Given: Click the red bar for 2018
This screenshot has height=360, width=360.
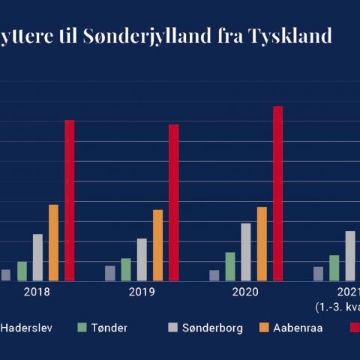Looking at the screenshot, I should pyautogui.click(x=69, y=200).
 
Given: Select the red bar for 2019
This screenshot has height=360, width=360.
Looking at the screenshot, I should pyautogui.click(x=173, y=202).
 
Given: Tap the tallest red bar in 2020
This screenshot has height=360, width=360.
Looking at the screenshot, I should pyautogui.click(x=277, y=193).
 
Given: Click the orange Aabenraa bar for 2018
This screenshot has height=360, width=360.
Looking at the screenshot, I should pyautogui.click(x=53, y=242).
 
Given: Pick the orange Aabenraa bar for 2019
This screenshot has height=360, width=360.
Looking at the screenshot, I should pyautogui.click(x=157, y=245).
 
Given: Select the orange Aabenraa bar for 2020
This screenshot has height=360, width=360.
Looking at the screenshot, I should pyautogui.click(x=262, y=244).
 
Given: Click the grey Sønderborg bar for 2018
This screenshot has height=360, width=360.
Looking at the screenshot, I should pyautogui.click(x=37, y=257).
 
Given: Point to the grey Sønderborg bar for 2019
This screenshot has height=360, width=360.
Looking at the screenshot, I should pyautogui.click(x=142, y=259).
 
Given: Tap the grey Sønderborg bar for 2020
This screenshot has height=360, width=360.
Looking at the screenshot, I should pyautogui.click(x=246, y=252).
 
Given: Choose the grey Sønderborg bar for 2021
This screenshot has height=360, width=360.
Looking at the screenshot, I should pyautogui.click(x=350, y=256).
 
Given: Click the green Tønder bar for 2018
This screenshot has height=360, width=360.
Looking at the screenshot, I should pyautogui.click(x=22, y=271).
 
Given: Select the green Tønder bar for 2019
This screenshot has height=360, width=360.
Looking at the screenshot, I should pyautogui.click(x=126, y=269).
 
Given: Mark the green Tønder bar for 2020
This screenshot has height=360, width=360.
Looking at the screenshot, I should pyautogui.click(x=230, y=266).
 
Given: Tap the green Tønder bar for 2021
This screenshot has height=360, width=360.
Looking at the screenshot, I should pyautogui.click(x=334, y=268).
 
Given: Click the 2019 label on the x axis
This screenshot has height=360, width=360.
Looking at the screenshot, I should pyautogui.click(x=142, y=292).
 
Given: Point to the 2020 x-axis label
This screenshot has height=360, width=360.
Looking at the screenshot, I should pyautogui.click(x=246, y=292).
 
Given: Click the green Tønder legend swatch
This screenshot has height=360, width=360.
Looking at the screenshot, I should pyautogui.click(x=85, y=327).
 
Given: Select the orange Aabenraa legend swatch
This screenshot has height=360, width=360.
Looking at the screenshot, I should pyautogui.click(x=262, y=327).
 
